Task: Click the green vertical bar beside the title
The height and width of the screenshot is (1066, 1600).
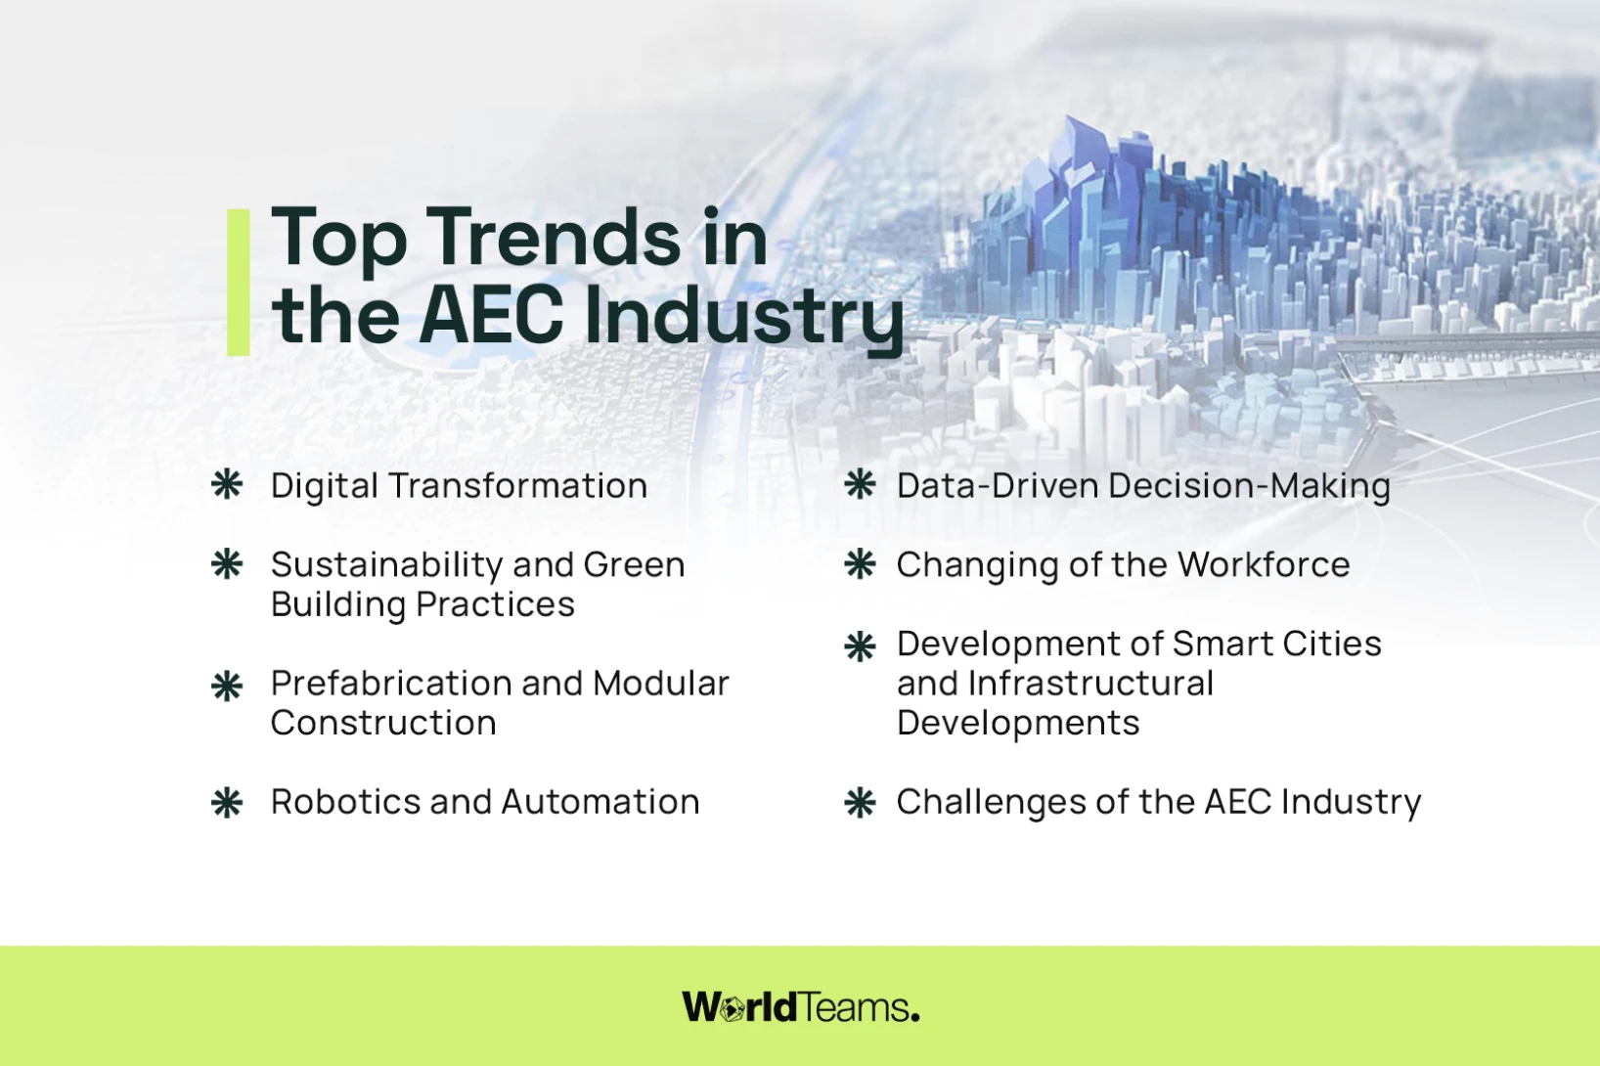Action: tap(239, 283)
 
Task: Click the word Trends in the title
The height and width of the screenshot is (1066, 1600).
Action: tap(557, 238)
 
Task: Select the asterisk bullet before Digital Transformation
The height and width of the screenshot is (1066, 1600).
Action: tap(227, 484)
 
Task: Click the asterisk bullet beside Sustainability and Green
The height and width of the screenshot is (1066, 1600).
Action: tap(227, 563)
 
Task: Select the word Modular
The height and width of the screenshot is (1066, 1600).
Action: tap(661, 683)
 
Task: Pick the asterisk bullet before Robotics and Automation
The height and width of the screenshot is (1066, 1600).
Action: tap(227, 802)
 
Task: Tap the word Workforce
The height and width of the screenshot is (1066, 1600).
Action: tap(1264, 564)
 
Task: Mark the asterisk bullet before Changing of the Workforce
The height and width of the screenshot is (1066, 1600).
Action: tap(860, 563)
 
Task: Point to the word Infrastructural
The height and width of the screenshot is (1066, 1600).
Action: tap(1090, 683)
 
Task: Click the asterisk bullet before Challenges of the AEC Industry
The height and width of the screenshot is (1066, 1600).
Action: tap(860, 802)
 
